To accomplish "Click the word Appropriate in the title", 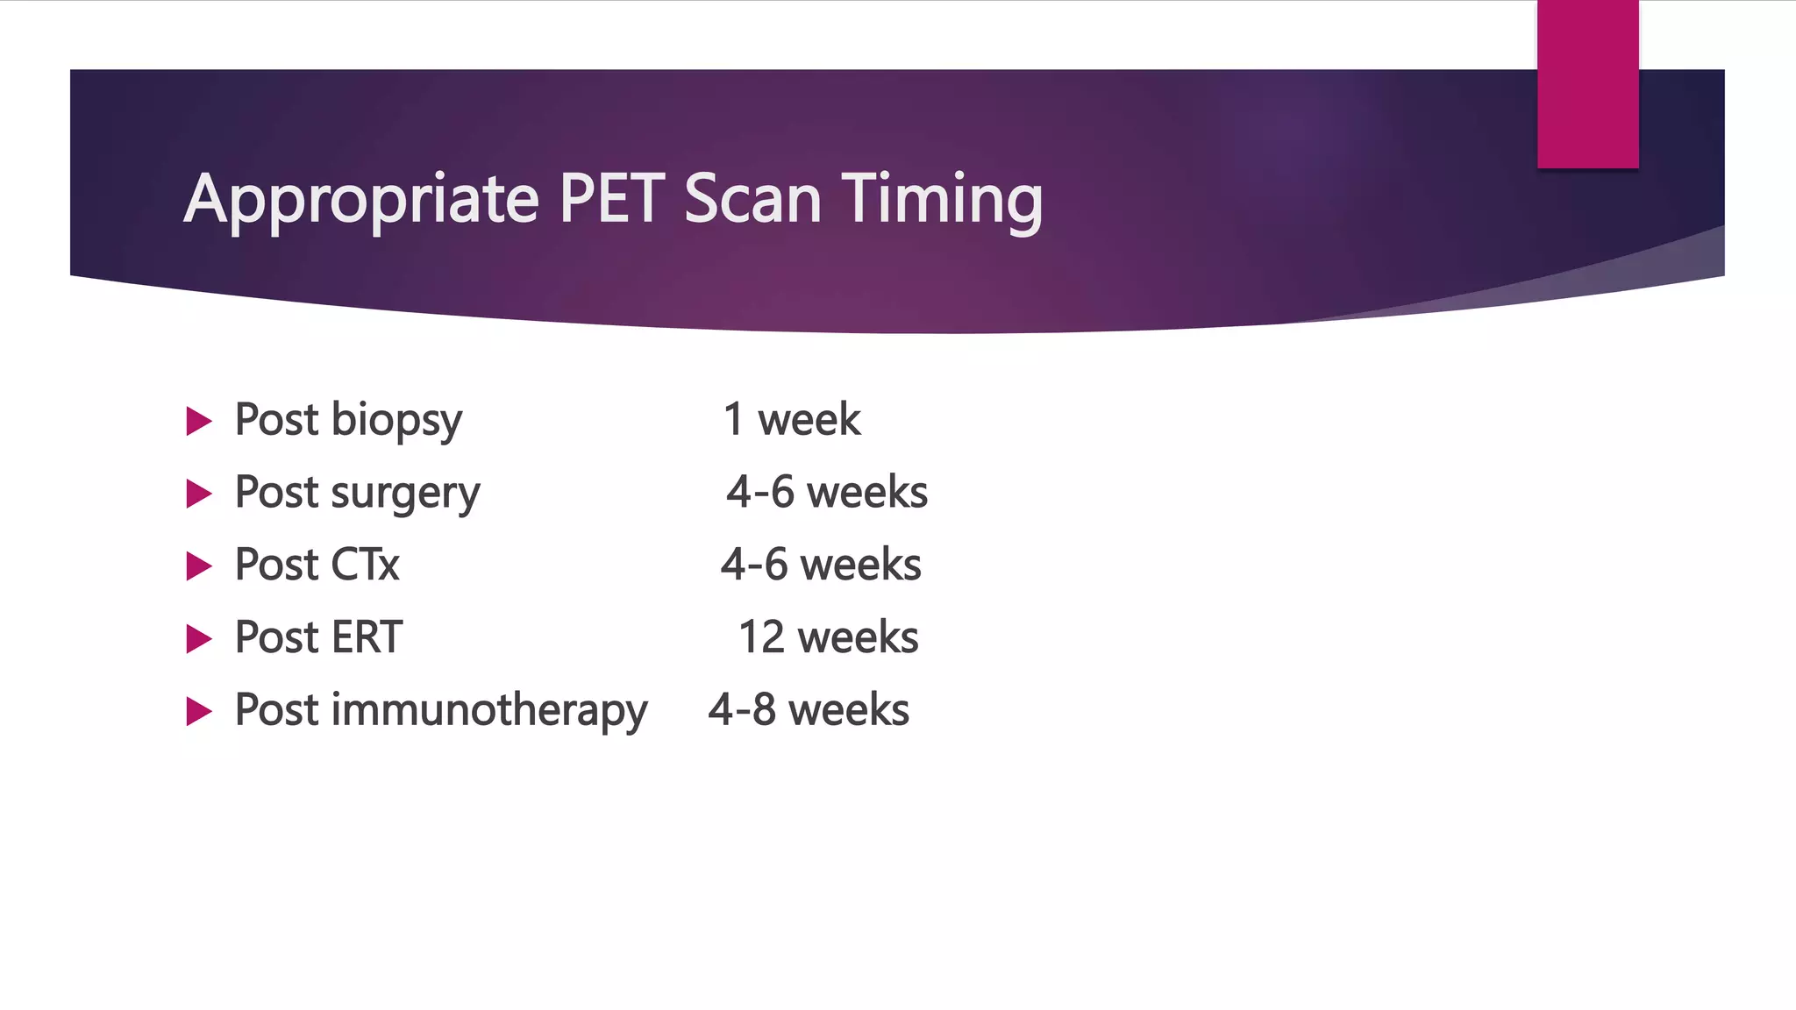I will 360,200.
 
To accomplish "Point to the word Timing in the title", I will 943,200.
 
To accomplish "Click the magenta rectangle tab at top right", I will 1587,83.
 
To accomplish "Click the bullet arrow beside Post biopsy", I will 199,422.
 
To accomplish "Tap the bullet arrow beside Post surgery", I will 199,494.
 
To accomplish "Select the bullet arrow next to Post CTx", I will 199,566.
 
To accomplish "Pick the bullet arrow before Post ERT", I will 199,639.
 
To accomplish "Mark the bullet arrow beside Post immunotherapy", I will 199,711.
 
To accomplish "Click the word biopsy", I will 396,421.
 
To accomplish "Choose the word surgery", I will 405,494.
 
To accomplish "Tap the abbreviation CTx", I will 365,565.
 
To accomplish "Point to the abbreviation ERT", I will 367,637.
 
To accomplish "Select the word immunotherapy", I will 489,710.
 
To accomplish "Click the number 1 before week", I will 734,420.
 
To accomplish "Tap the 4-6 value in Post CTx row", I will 753,565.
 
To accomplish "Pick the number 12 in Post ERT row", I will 760,637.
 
